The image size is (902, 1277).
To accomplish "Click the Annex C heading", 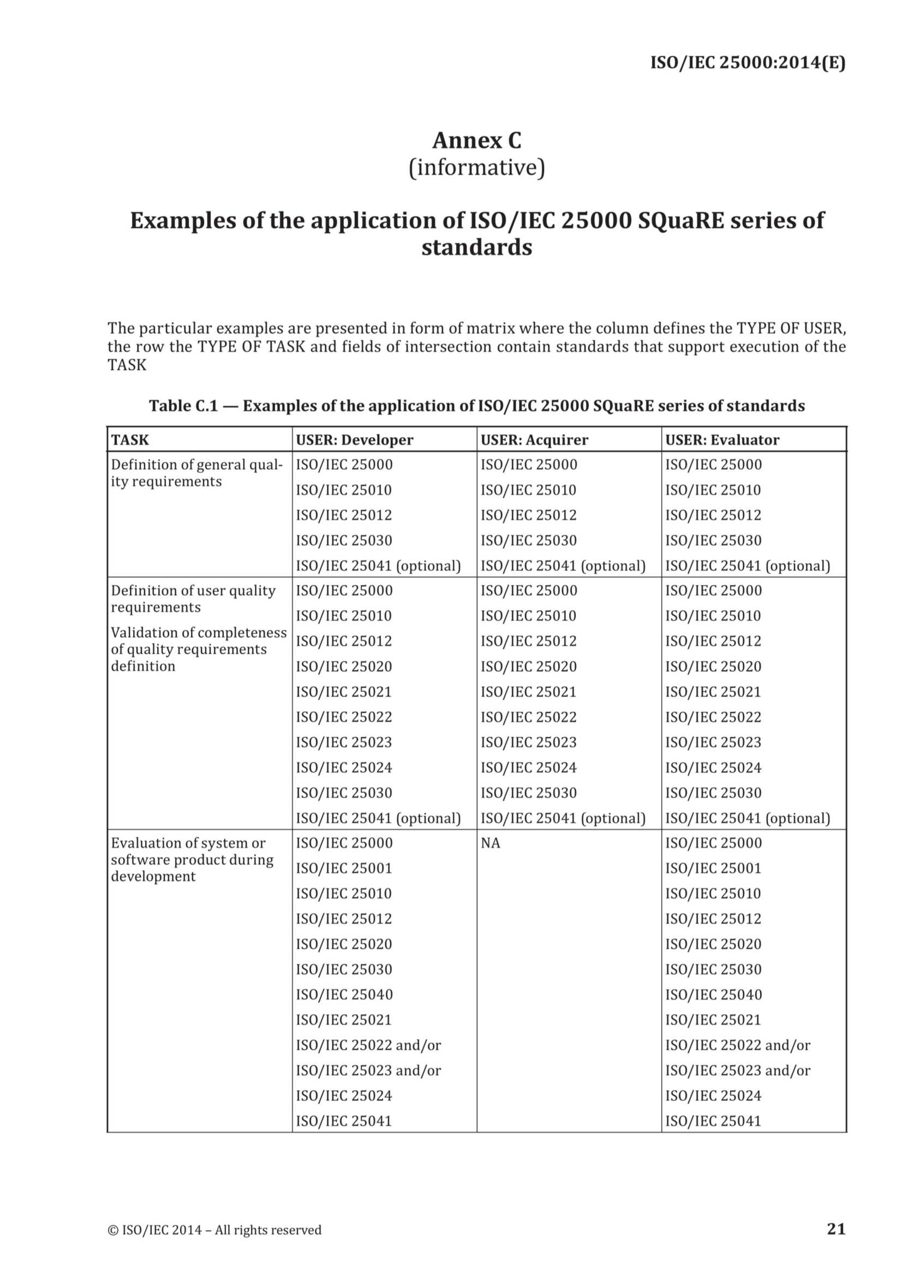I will pos(476,140).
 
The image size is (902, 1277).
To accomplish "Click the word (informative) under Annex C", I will pos(476,168).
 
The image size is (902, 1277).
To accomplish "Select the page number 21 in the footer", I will pos(836,1228).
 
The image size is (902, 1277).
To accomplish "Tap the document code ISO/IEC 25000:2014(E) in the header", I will pos(748,63).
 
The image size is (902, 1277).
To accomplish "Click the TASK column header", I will pos(130,440).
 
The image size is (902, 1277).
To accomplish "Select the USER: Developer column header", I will pos(355,440).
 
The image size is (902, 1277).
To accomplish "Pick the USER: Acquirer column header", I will pos(534,440).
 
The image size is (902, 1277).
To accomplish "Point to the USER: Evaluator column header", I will pos(722,440).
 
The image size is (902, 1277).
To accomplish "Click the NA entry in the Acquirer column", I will pos(490,843).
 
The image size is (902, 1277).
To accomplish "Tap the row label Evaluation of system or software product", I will pos(192,859).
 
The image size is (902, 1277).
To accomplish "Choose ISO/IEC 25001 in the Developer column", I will pos(343,868).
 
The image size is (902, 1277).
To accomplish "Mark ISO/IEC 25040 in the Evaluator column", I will pos(713,995).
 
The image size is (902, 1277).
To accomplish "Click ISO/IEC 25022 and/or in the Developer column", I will pos(368,1045).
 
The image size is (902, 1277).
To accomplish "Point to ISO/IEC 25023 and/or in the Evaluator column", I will pos(738,1070).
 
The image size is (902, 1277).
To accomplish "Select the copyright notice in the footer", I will pos(214,1229).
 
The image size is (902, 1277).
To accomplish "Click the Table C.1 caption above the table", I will pos(476,405).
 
